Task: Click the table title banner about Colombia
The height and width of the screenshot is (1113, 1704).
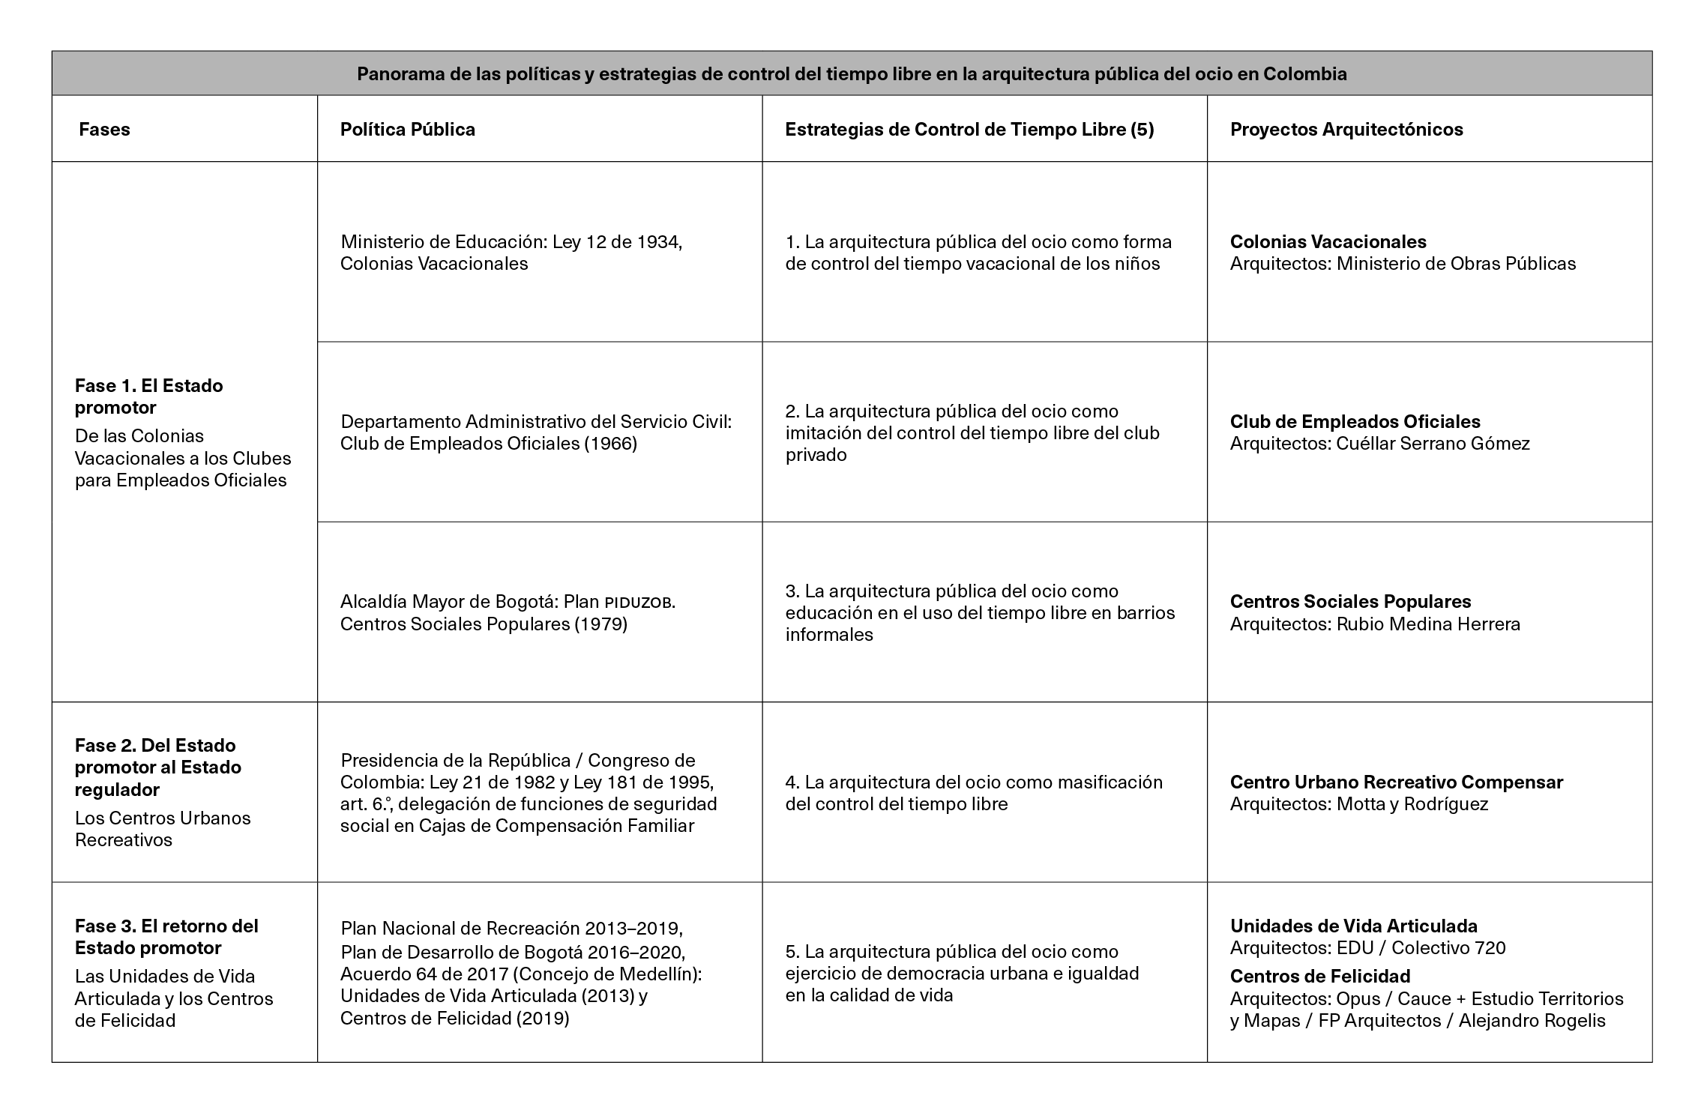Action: tap(852, 74)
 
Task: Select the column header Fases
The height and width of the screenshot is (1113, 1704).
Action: tap(104, 130)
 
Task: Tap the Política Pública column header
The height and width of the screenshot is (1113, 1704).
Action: tap(407, 130)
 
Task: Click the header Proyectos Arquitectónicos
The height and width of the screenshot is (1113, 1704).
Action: tap(1346, 130)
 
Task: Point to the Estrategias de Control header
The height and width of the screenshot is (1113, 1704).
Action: tap(969, 130)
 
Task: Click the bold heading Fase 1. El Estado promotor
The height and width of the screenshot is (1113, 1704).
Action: tap(148, 396)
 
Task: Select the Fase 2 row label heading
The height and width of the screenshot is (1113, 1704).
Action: tap(157, 767)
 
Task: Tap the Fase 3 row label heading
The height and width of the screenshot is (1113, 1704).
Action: tap(166, 937)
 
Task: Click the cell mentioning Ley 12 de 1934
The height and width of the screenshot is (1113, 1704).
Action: tap(511, 253)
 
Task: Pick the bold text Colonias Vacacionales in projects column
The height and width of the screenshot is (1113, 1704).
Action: tap(1328, 242)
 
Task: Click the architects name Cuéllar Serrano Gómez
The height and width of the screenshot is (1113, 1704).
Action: tap(1433, 444)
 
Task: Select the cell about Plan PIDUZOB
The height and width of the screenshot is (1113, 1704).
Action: tap(508, 613)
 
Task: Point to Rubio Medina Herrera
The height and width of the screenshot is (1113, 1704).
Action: tap(1427, 624)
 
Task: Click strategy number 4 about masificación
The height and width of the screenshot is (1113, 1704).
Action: tap(973, 793)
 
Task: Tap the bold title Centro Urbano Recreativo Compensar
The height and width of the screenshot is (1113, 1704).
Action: tap(1396, 782)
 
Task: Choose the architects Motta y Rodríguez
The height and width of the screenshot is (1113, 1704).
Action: tap(1412, 804)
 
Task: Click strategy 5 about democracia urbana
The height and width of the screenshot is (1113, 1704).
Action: tap(962, 974)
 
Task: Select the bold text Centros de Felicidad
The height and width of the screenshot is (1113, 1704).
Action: tap(1319, 976)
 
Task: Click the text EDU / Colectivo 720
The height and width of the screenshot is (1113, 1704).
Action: tap(1421, 948)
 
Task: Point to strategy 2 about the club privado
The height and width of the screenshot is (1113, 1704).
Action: tap(972, 432)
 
